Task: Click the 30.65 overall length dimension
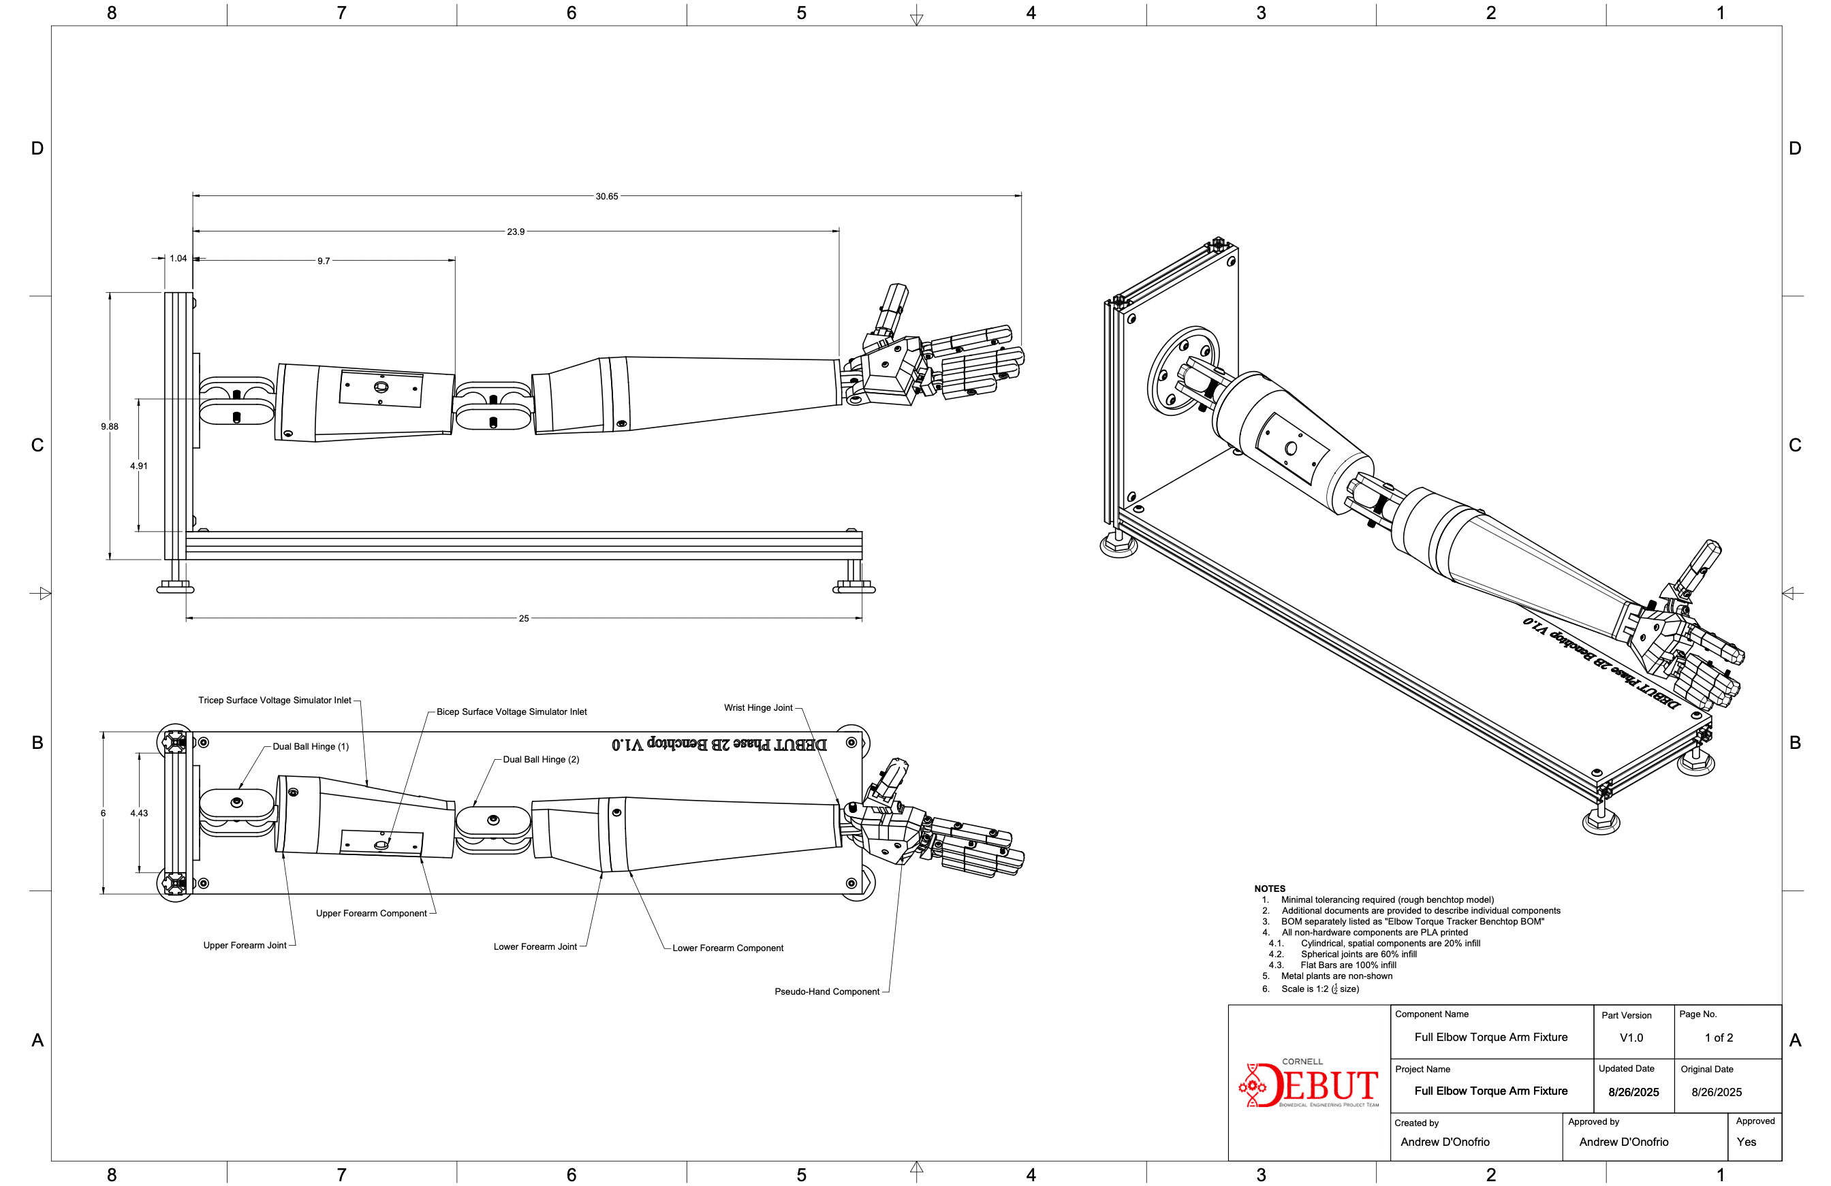(606, 196)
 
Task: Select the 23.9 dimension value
(516, 231)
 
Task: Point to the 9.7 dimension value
(324, 261)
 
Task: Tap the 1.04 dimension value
(178, 259)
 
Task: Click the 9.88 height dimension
(109, 427)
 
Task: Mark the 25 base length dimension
(524, 618)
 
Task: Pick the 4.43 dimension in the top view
(139, 813)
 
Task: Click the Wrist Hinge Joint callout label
(757, 707)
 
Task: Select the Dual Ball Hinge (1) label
(311, 747)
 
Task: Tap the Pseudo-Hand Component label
(827, 991)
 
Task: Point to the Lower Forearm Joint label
(535, 947)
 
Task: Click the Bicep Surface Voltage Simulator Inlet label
(512, 712)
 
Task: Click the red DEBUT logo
(1309, 1084)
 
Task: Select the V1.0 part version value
(1631, 1038)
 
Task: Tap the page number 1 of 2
(1719, 1038)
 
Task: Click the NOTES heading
(1270, 888)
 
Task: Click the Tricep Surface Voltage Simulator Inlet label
(275, 701)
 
